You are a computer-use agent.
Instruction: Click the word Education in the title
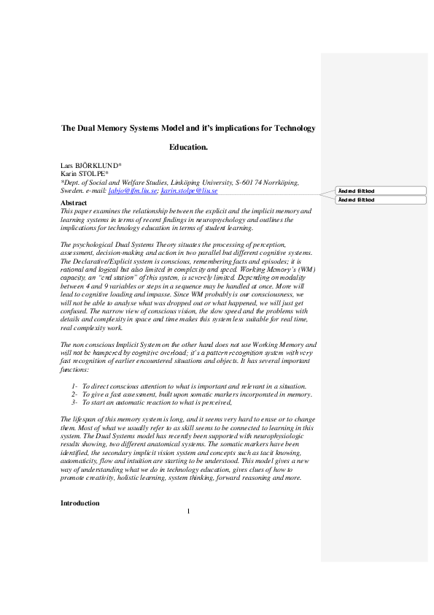188,147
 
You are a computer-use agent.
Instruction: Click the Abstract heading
73,202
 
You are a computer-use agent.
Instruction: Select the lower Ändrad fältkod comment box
381,199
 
